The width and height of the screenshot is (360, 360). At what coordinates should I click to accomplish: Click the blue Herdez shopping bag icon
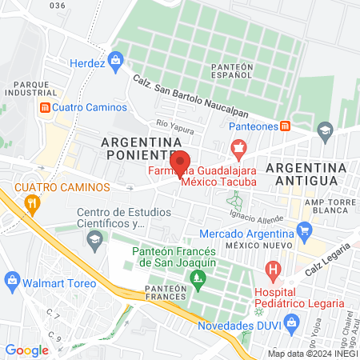click(115, 59)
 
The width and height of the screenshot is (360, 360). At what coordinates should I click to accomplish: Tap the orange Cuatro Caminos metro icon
click(46, 107)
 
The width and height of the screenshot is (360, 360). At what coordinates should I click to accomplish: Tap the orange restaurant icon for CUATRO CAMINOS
click(32, 203)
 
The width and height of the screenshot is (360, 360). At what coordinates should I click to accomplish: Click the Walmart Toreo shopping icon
click(11, 279)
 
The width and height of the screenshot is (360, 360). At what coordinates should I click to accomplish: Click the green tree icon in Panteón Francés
click(197, 280)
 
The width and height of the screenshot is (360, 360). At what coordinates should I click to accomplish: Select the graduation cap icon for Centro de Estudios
click(94, 239)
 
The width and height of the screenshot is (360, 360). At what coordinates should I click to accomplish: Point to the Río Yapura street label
click(176, 124)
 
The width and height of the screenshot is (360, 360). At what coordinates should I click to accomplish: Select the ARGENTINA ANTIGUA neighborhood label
click(306, 174)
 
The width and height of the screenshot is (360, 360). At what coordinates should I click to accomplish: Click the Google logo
click(26, 350)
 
